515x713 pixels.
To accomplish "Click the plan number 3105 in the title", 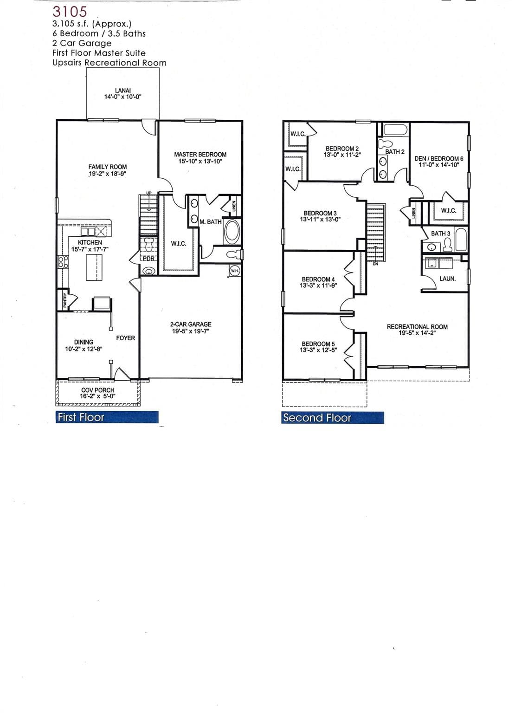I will pyautogui.click(x=70, y=12).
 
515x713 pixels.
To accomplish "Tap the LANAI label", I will pyautogui.click(x=122, y=91).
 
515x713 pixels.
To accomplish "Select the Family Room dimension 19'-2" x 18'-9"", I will pyautogui.click(x=108, y=174).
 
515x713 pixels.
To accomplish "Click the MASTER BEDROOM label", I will pyautogui.click(x=200, y=154).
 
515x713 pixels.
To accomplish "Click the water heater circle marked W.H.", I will pyautogui.click(x=235, y=271).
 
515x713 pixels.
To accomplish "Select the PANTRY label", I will pyautogui.click(x=65, y=300).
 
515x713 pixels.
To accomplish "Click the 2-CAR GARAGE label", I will pyautogui.click(x=190, y=324).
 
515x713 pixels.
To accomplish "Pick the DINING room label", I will pyautogui.click(x=84, y=342).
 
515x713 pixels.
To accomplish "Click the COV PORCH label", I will pyautogui.click(x=97, y=390).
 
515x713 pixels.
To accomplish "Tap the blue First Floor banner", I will pyautogui.click(x=107, y=417).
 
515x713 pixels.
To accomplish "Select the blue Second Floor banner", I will pyautogui.click(x=333, y=418).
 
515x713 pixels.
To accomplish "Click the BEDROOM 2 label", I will pyautogui.click(x=342, y=149).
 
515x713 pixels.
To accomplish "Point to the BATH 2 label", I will pyautogui.click(x=395, y=152).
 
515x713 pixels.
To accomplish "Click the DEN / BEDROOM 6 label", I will pyautogui.click(x=438, y=158).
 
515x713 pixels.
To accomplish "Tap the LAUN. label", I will pyautogui.click(x=447, y=279).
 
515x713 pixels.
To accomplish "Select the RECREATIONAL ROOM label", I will pyautogui.click(x=417, y=327).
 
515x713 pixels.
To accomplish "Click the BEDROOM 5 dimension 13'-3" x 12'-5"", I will pyautogui.click(x=318, y=350).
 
